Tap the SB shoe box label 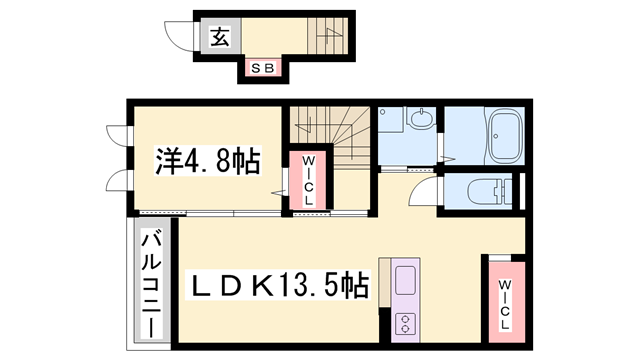pos(262,68)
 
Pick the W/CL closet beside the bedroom pos(304,181)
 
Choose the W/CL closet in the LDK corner pos(505,304)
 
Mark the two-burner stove pos(406,323)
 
